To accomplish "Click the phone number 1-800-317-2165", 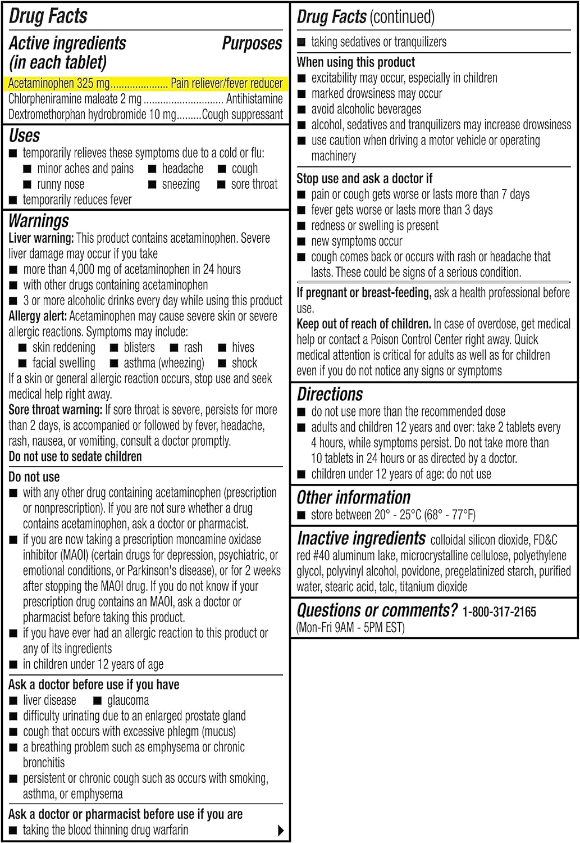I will pos(499,611).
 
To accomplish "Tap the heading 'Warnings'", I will pos(39,221).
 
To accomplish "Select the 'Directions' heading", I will pos(330,395).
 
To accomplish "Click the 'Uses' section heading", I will pos(24,135).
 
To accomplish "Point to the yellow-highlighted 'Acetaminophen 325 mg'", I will pos(59,84).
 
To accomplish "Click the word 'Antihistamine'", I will pos(254,99).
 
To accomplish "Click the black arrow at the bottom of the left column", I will pos(281,830).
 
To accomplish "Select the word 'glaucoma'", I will pos(128,700).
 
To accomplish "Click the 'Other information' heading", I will pos(353,498).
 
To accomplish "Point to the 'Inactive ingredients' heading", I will pos(361,538).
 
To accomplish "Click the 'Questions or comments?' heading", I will pos(377,610).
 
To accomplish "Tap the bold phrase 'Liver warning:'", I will pos(41,238).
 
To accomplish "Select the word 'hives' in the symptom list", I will pos(243,347).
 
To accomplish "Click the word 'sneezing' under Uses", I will pos(181,184).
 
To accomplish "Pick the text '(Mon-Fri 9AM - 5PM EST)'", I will pos(350,627).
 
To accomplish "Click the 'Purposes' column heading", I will pos(252,43).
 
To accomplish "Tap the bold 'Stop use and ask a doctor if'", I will pos(364,179).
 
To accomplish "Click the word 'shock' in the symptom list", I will pos(244,363).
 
